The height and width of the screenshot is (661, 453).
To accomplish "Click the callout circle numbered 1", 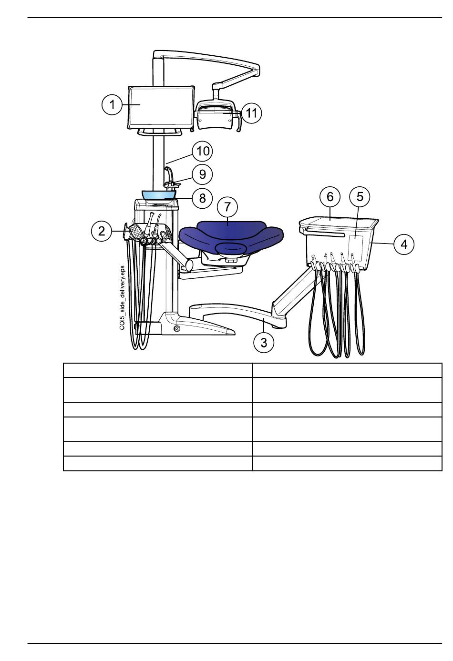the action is tap(112, 105).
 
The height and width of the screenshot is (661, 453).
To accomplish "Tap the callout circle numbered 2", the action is tap(102, 231).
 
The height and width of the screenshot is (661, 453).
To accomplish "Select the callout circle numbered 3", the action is tap(264, 343).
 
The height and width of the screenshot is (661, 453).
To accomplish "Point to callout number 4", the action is tap(404, 244).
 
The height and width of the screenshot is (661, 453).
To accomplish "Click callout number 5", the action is tap(360, 196).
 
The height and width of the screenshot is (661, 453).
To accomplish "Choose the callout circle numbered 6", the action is tap(330, 196).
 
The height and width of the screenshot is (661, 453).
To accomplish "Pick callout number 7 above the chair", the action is tap(227, 207).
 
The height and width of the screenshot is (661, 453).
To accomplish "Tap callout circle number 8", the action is tap(202, 198).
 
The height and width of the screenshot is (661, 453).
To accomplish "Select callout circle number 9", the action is tap(202, 174).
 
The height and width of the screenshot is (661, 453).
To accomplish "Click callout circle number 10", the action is tap(203, 152).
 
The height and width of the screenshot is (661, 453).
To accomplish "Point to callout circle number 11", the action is tap(251, 113).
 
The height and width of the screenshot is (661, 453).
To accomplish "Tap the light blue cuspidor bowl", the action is tap(159, 195).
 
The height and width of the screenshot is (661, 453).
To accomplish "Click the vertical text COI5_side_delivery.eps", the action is tap(122, 297).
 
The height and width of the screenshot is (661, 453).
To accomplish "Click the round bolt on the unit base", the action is tap(176, 328).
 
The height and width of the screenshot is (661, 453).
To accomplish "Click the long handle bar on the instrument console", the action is tap(325, 233).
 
